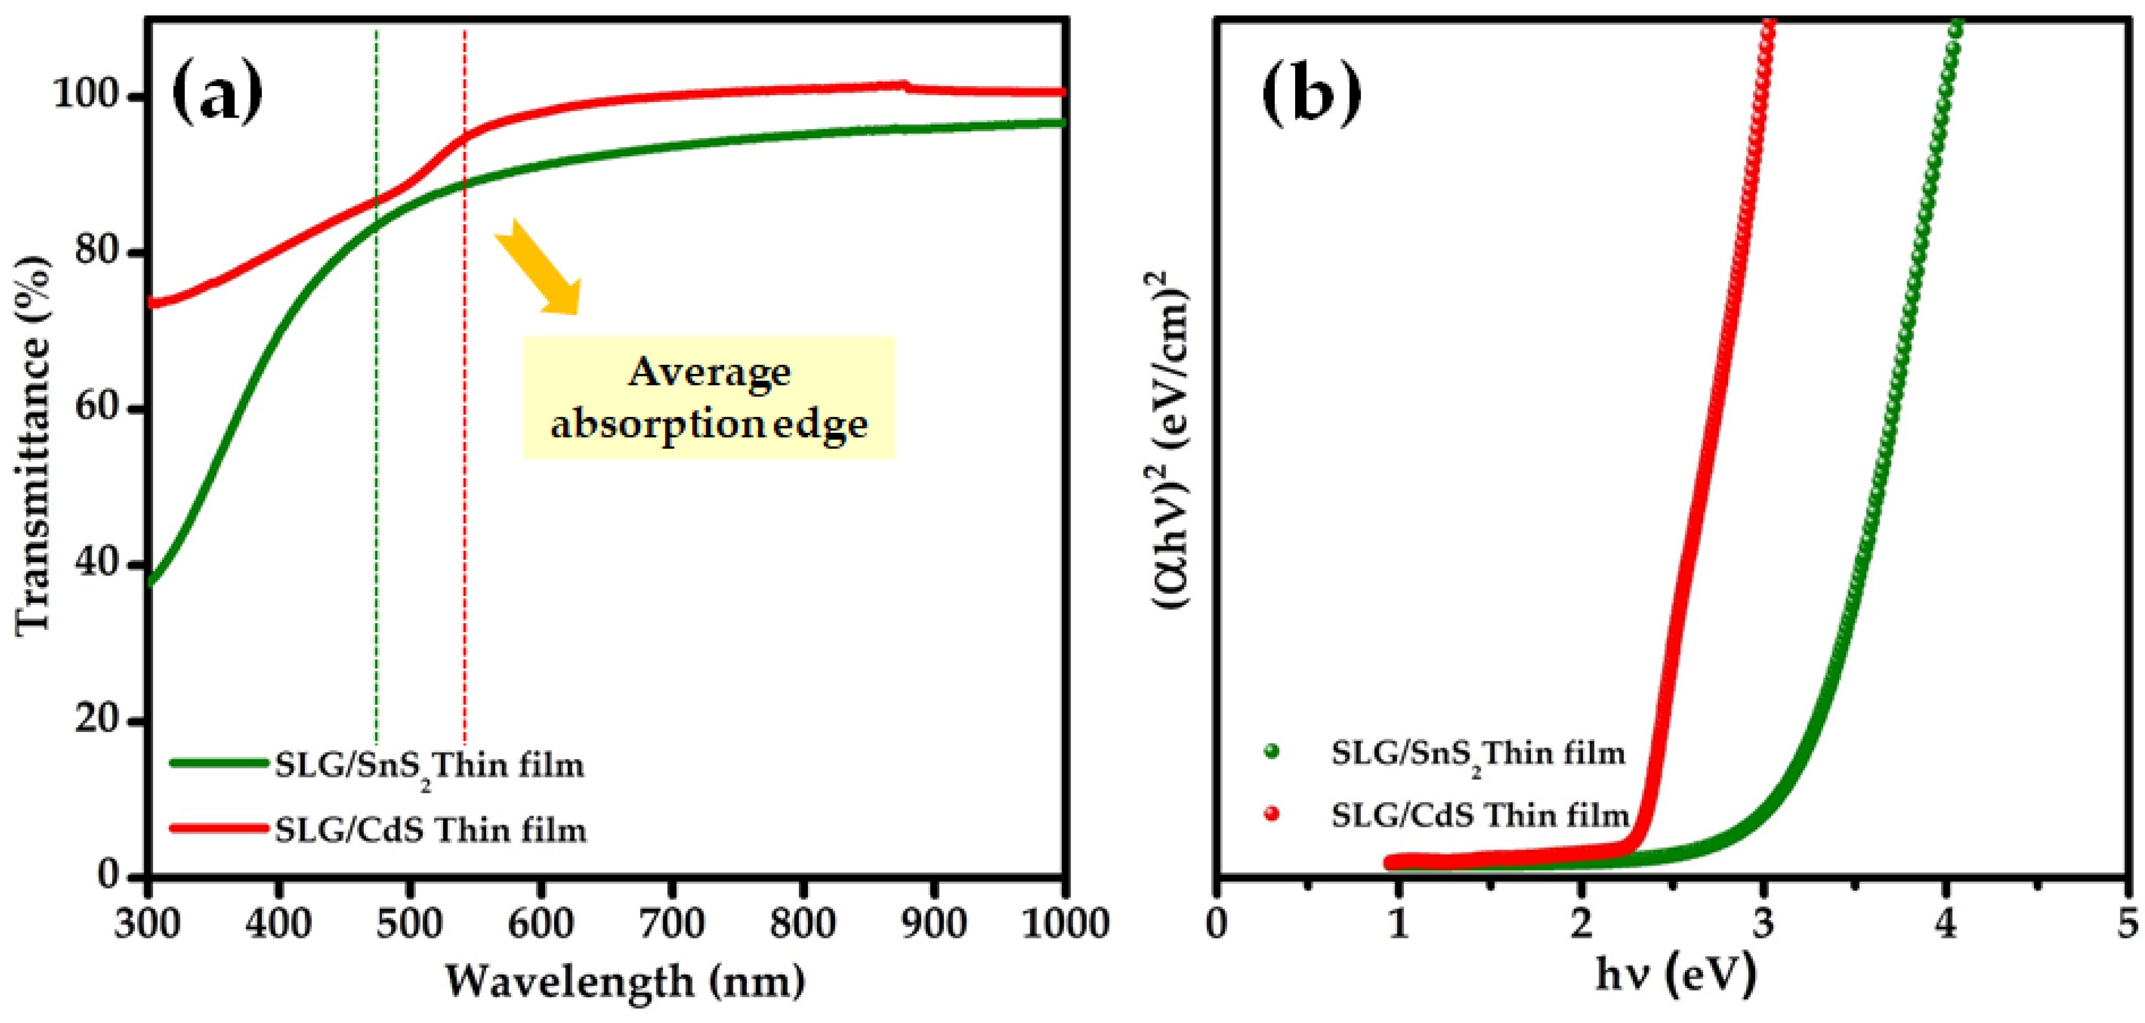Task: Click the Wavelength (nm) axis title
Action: pyautogui.click(x=624, y=980)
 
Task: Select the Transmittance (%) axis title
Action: pyautogui.click(x=34, y=446)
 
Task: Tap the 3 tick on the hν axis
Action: pyautogui.click(x=1764, y=923)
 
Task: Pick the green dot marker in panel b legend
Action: pyautogui.click(x=1271, y=752)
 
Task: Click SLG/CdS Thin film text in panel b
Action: pyautogui.click(x=1480, y=815)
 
